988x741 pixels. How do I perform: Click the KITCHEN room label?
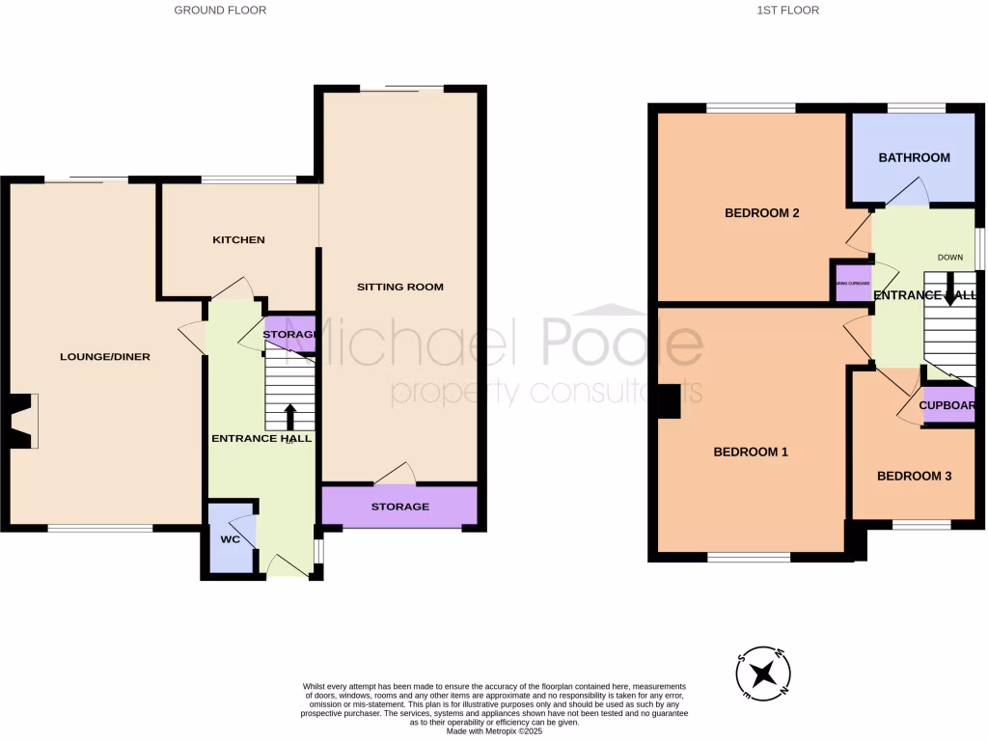(238, 239)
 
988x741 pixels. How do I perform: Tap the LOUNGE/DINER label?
(105, 356)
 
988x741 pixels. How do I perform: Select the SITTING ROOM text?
(399, 287)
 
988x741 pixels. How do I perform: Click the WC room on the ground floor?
(230, 538)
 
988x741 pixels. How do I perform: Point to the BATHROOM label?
(913, 157)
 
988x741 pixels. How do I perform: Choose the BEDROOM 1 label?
(751, 452)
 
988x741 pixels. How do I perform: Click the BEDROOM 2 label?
(762, 213)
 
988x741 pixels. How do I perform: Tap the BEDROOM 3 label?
(914, 476)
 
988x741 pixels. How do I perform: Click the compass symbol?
(763, 672)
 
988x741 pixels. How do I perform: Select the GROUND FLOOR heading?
(220, 11)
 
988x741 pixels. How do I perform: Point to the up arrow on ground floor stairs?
(289, 416)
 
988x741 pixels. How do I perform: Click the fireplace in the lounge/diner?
(23, 421)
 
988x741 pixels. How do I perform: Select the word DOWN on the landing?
(950, 258)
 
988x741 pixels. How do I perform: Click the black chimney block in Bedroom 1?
(668, 401)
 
